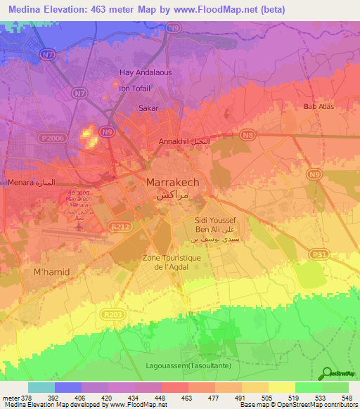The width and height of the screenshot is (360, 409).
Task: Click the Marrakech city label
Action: point(172,182)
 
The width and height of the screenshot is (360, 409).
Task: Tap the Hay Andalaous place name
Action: point(146,72)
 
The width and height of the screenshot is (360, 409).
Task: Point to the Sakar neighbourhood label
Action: point(148,108)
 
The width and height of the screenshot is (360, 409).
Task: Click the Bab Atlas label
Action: point(319,107)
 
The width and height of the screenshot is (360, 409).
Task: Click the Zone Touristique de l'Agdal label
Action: point(172,262)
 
